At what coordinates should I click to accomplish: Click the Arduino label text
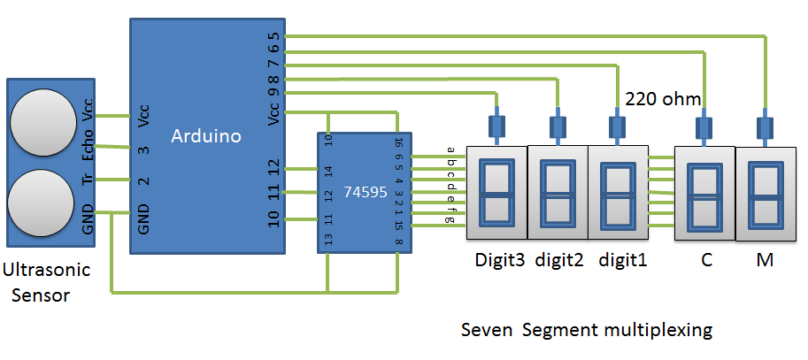205,136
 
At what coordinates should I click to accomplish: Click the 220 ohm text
662,98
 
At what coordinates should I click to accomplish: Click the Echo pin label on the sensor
88,147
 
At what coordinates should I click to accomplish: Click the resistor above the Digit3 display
496,125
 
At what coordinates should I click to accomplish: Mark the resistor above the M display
766,125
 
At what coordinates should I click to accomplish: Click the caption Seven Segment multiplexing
587,331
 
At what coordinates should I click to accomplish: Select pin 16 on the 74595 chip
399,141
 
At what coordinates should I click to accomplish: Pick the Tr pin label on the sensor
88,180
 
